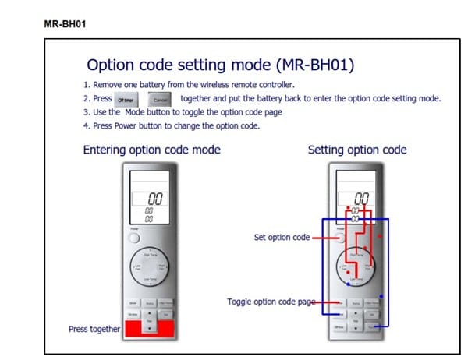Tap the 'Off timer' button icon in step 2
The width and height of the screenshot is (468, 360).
coord(126,99)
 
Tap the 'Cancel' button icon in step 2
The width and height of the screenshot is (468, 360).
coord(160,99)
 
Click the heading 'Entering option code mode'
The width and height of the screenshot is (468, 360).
coord(151,150)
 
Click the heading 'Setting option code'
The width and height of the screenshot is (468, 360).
coord(356,150)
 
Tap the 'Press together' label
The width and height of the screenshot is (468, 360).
coord(94,329)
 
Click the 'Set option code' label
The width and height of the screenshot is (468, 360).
coord(282,238)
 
